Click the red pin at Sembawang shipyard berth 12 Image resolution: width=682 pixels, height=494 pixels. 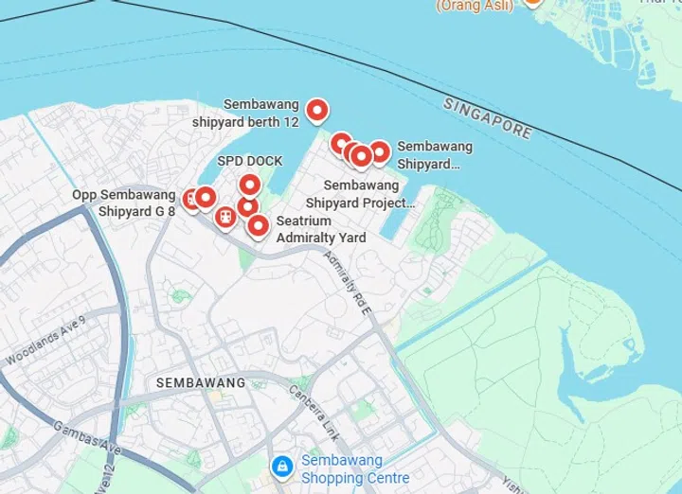tap(317, 110)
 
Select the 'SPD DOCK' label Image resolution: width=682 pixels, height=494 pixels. tap(250, 161)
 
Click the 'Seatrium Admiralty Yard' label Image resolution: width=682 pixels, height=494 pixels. tap(320, 229)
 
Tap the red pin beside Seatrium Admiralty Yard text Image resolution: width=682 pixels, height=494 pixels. tap(258, 225)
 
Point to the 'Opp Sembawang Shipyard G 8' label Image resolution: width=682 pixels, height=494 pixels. tap(123, 203)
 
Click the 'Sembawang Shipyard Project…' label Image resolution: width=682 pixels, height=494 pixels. tap(361, 194)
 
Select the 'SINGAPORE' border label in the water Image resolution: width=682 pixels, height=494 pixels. tap(487, 117)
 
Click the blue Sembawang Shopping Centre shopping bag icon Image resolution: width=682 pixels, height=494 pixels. tap(281, 467)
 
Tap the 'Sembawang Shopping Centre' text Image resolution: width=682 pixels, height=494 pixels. tap(355, 468)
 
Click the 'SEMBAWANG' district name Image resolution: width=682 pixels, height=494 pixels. tap(200, 382)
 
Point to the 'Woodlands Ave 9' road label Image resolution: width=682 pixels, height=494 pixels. tap(45, 341)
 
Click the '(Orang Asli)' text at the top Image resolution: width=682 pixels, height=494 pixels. tap(475, 5)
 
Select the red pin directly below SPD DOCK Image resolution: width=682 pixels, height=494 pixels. tap(249, 185)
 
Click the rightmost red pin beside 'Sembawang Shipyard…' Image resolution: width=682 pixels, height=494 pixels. tap(379, 151)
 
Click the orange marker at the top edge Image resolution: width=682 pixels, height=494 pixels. tap(533, 3)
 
